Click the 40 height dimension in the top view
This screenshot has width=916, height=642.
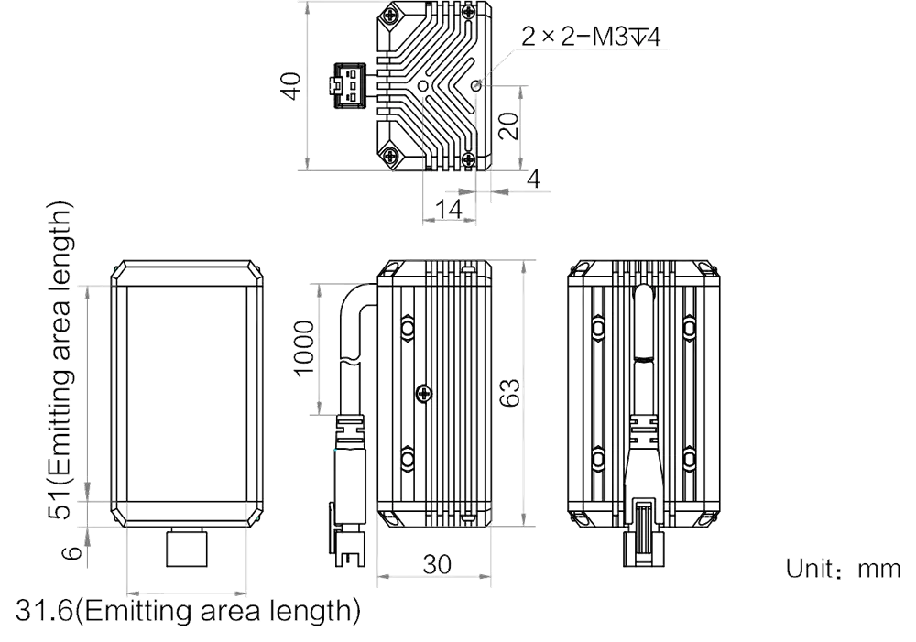coord(291,85)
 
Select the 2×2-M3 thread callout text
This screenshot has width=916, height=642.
coord(591,38)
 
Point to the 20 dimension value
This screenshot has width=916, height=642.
coord(508,125)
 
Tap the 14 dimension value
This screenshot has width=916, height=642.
coord(449,209)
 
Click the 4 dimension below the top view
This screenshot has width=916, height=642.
coord(533,179)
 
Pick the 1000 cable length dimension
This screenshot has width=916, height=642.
coord(304,349)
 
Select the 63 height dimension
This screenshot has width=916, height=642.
coord(509,393)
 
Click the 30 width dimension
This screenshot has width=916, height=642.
coord(437,564)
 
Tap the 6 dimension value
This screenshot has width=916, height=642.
coord(71,552)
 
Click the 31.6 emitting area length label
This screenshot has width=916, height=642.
coord(188,611)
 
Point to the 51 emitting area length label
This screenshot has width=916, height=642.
coord(60,361)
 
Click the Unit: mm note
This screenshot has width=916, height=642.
coord(843,569)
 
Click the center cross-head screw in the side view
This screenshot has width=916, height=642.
coord(424,395)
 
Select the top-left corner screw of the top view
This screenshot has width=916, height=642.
coord(388,16)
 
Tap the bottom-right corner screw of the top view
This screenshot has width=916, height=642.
coord(468,158)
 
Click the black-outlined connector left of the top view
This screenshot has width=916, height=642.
coord(348,85)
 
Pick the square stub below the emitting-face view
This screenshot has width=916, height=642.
coord(187,548)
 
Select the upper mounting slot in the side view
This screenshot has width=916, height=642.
coord(408,327)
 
